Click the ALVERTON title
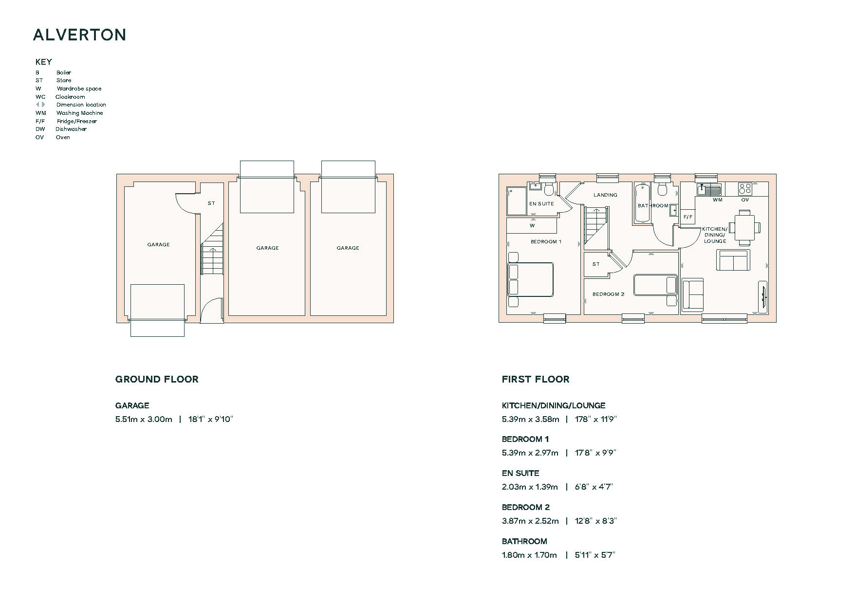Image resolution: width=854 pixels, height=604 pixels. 80,35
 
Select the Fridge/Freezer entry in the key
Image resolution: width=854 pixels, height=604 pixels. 66,121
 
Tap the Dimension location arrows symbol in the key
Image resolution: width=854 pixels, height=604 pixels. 40,105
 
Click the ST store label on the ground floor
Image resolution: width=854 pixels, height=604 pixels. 211,203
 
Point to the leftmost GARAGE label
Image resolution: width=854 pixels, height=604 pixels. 159,245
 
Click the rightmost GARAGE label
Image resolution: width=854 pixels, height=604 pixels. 348,248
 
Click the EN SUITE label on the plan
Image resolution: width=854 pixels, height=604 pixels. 542,204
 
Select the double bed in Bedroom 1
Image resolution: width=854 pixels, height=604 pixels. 531,279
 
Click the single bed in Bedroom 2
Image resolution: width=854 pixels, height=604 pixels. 655,285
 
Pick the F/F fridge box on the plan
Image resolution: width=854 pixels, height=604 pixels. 688,217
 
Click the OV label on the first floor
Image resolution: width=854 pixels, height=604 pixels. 745,200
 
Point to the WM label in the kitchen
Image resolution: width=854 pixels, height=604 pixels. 718,200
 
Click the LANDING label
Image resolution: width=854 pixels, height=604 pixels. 605,195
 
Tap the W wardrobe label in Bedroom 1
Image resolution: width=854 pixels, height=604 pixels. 532,226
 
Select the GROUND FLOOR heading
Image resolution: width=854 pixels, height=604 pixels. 157,379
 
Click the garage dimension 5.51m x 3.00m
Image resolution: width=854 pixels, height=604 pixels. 144,419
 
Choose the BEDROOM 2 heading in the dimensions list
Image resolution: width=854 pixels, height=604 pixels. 526,507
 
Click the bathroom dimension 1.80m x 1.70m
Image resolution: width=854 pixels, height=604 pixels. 529,555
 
